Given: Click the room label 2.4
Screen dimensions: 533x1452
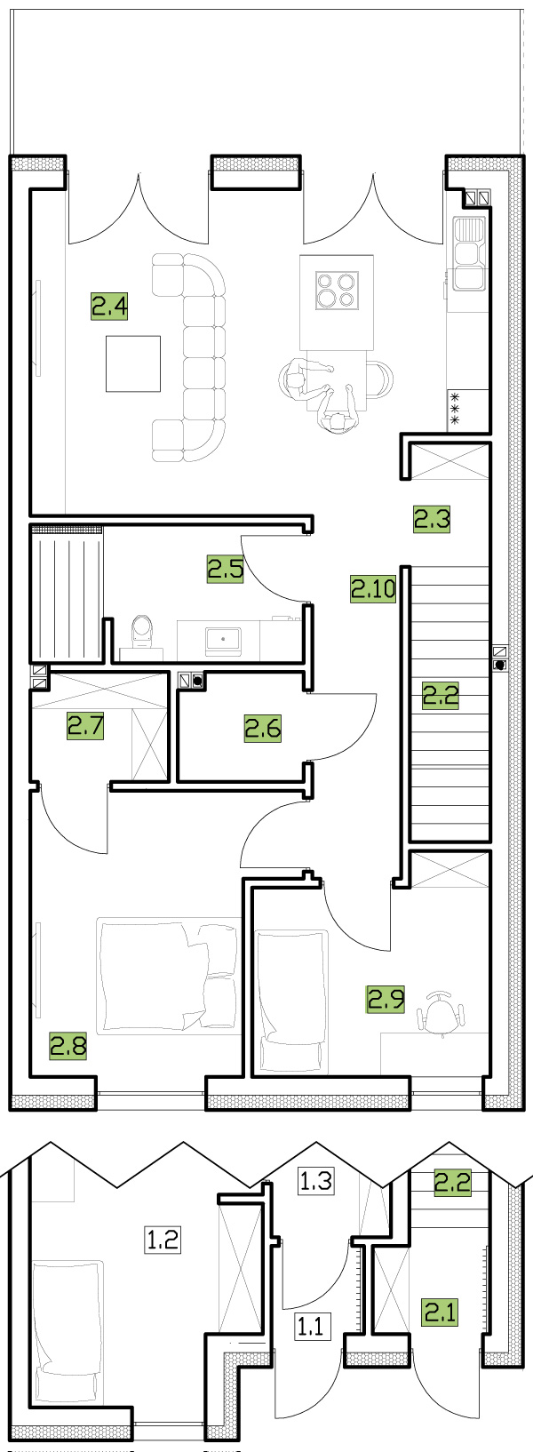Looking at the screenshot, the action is (109, 306).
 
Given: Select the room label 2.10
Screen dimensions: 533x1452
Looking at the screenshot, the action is (373, 589).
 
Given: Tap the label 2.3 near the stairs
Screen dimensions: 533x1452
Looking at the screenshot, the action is (432, 519).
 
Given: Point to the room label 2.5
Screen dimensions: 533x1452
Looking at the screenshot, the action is (226, 569).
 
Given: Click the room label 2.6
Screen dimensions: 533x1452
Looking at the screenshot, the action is (263, 728).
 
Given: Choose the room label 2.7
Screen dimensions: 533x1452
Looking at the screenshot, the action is (85, 725).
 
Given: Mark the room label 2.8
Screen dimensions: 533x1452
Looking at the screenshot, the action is (68, 1046).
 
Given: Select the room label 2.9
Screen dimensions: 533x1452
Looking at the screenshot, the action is (386, 998).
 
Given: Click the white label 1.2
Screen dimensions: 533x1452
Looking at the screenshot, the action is (162, 1241).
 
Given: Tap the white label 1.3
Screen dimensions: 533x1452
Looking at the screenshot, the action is (315, 1180).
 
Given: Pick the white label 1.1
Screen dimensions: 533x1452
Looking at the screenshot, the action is (313, 1326).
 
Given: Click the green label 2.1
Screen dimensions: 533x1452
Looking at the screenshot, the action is (441, 1312).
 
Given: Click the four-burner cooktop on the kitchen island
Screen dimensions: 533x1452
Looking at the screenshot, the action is (337, 289).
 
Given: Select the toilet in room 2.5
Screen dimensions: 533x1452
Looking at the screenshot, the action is (142, 632).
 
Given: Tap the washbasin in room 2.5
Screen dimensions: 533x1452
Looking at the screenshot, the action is (224, 640).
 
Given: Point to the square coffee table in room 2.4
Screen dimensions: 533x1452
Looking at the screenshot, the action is (133, 363).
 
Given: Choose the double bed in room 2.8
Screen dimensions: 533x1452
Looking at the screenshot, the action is (167, 975).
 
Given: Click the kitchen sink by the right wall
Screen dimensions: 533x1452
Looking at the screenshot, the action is (469, 253).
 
